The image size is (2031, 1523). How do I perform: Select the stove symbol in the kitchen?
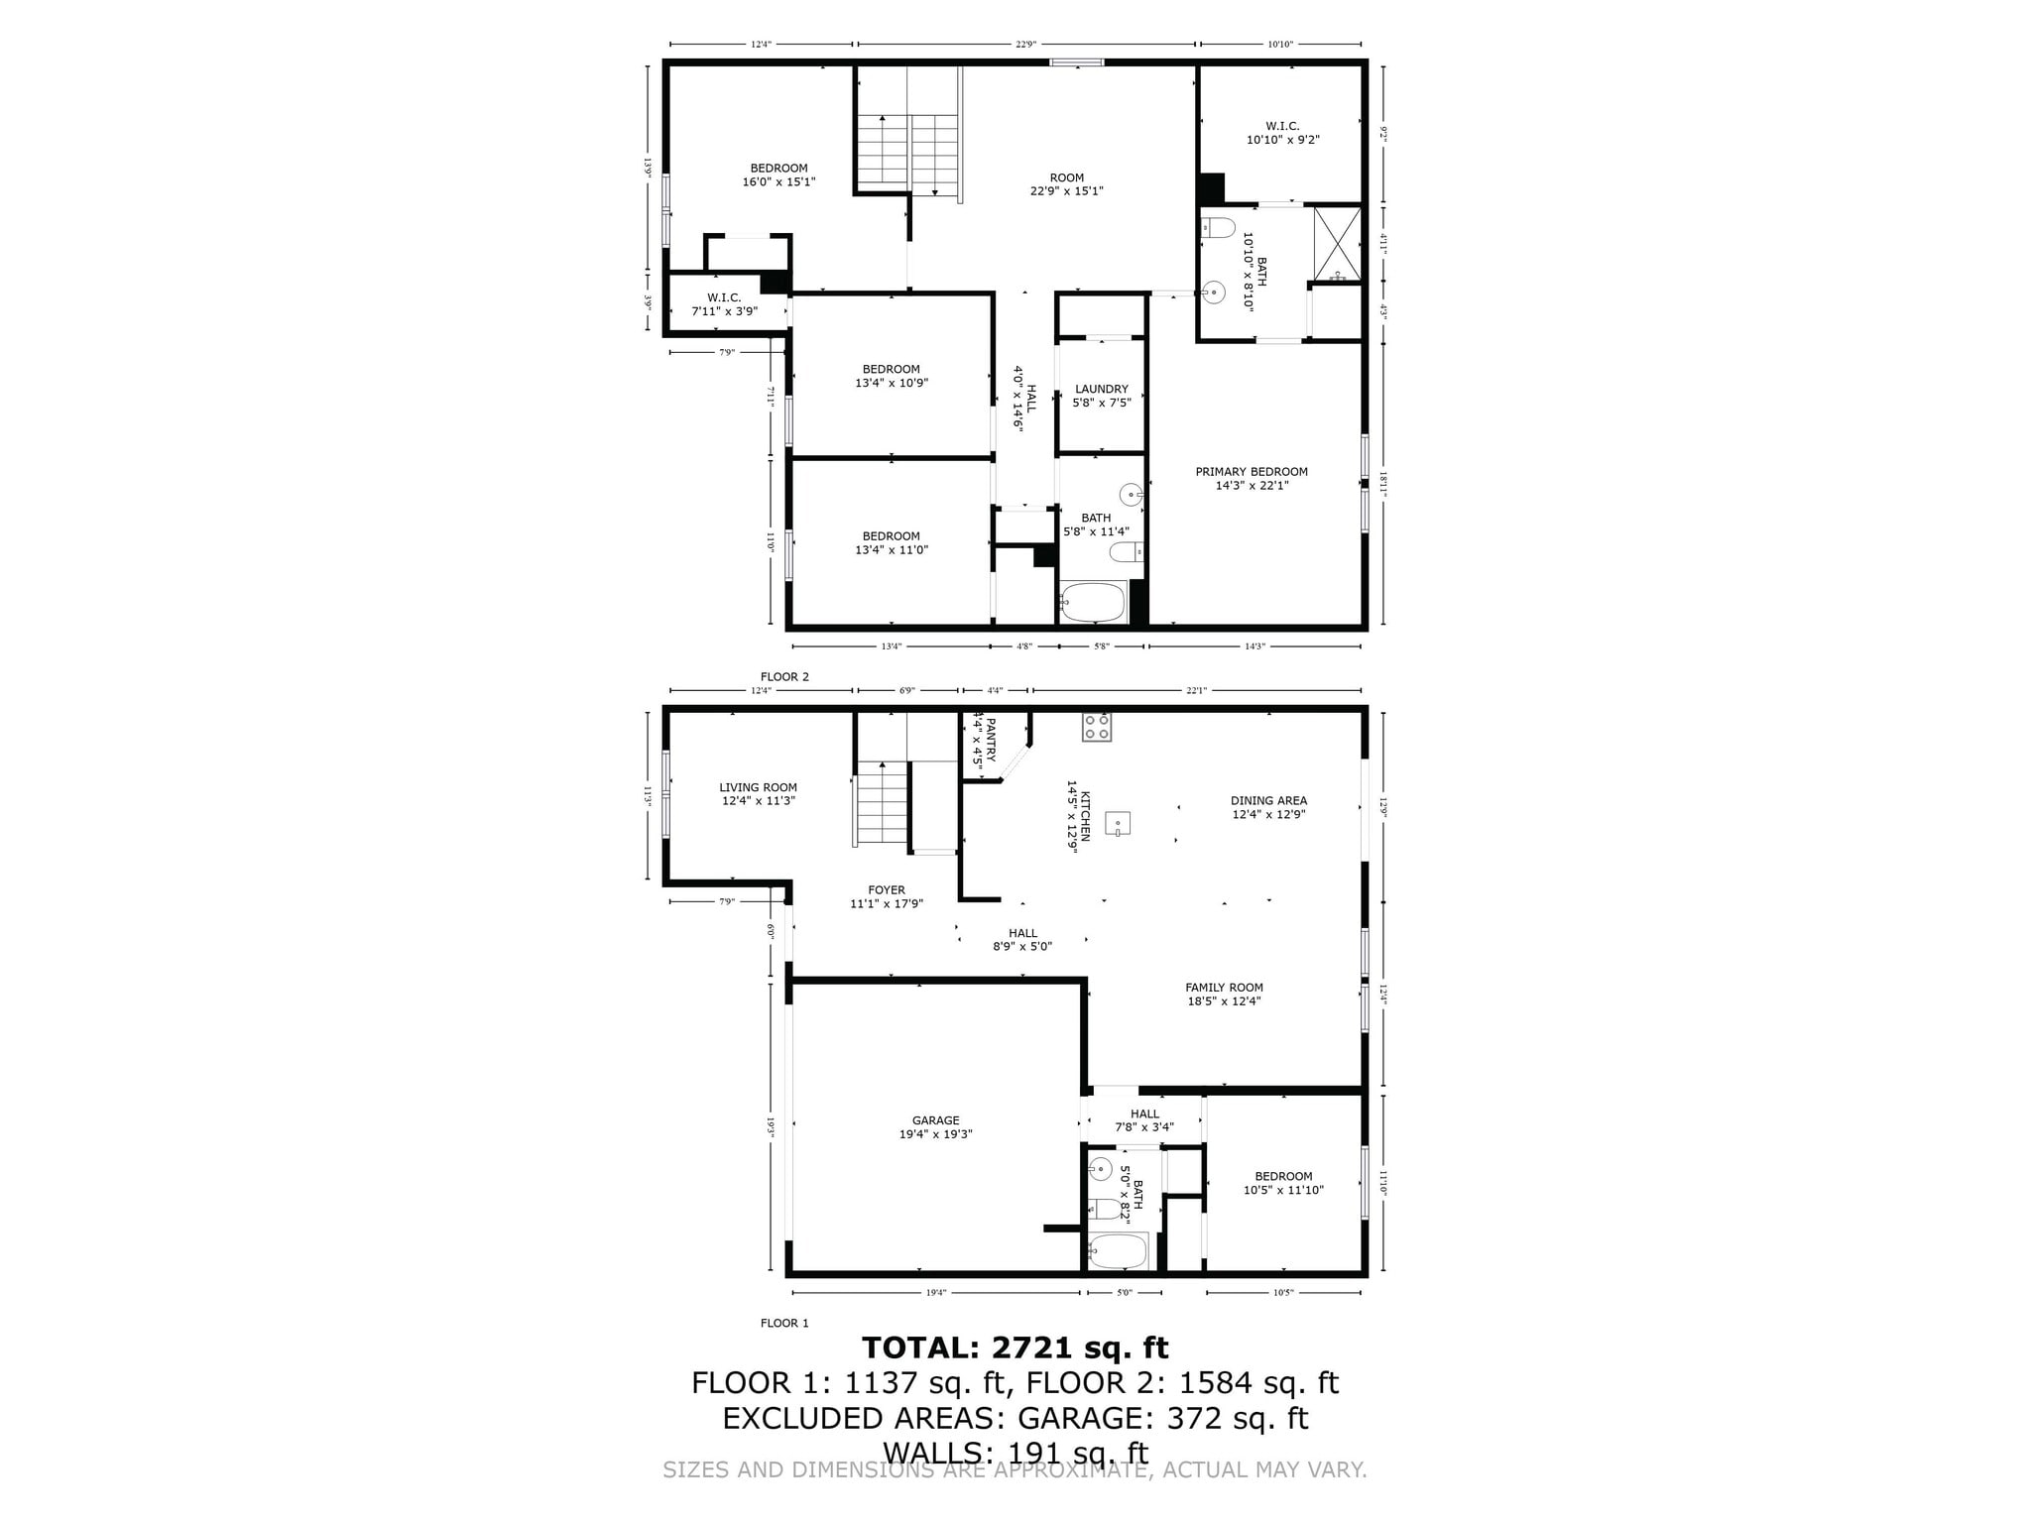(x=1096, y=728)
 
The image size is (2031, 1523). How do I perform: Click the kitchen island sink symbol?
(x=1118, y=823)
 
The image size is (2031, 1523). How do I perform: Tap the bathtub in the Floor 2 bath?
(x=1092, y=602)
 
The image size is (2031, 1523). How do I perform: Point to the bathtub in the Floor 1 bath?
(x=1118, y=1251)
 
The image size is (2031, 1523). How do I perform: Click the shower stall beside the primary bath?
(x=1337, y=242)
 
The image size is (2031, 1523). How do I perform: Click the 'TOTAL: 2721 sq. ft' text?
(x=1015, y=1348)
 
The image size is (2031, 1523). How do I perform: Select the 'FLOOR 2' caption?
(x=784, y=677)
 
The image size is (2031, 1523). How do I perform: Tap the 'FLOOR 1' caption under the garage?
(x=784, y=1323)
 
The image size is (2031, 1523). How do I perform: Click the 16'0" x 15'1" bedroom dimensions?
(x=778, y=182)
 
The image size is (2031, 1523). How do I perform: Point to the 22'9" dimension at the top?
(x=1025, y=45)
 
